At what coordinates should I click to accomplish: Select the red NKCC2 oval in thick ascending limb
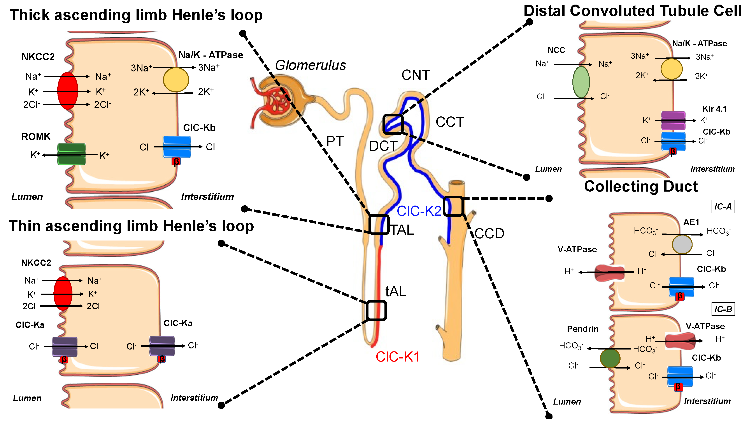coord(68,91)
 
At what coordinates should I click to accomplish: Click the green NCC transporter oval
coord(581,82)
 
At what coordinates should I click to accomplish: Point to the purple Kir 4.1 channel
coord(673,120)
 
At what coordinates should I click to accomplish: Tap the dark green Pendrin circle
coord(610,358)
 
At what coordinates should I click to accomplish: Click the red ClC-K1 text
coord(397,357)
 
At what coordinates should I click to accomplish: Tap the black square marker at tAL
coord(376,310)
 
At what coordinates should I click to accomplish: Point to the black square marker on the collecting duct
coord(453,206)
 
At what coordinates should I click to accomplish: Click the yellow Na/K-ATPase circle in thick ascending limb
coord(176,80)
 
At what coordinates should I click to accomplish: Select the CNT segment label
coord(415,75)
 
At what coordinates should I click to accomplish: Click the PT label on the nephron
coord(335,142)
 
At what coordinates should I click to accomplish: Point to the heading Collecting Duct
coord(640,186)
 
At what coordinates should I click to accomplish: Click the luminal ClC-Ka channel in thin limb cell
coord(65,346)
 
